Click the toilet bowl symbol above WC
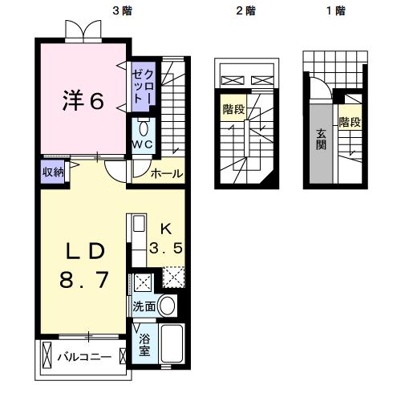click(143, 128)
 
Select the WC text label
click(143, 144)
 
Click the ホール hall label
click(167, 173)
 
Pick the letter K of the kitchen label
click(166, 227)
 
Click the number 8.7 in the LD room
click(84, 282)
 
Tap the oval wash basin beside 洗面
click(167, 306)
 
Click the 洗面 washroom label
click(144, 306)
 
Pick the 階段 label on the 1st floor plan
click(349, 123)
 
